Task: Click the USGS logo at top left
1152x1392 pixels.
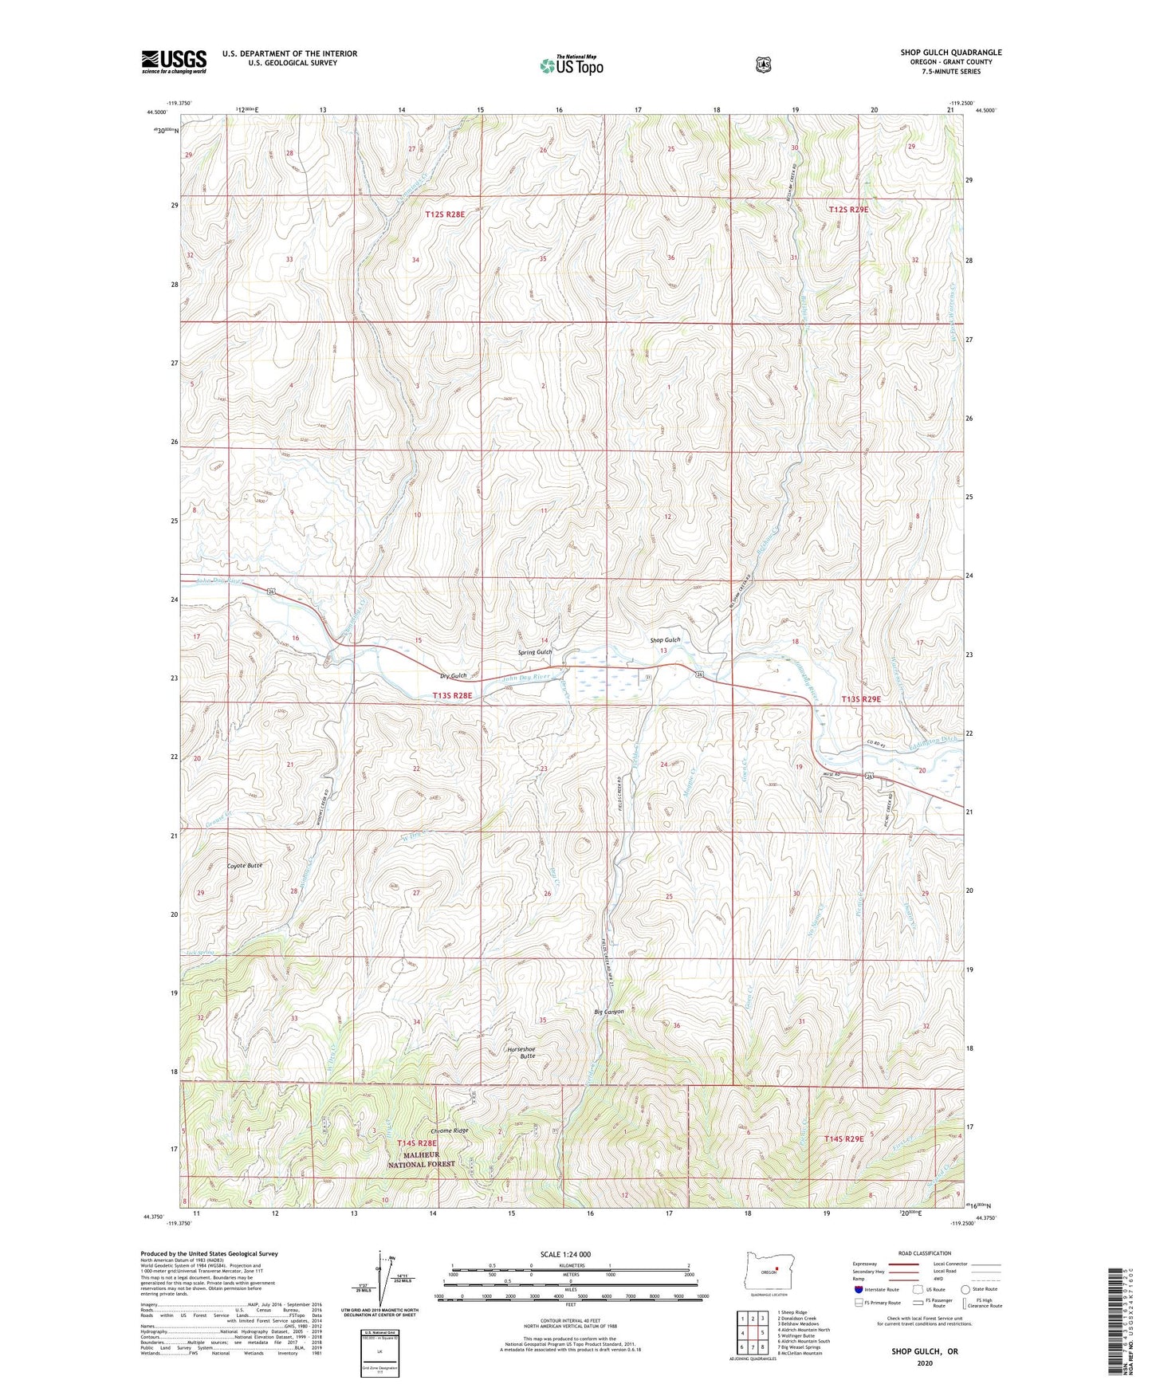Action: [174, 61]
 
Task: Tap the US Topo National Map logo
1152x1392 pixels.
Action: [571, 65]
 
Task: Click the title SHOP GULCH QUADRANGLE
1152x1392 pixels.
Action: [951, 53]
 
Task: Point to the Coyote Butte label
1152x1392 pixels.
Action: [244, 865]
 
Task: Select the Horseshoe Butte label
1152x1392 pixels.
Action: [521, 1052]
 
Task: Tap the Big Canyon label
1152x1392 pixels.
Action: [609, 1012]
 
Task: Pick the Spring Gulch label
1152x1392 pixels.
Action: [535, 652]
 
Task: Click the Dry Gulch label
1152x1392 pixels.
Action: [454, 676]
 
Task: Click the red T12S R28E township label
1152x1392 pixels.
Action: [444, 214]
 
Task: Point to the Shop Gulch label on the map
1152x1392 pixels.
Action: [665, 640]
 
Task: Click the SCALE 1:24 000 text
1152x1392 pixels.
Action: [565, 1254]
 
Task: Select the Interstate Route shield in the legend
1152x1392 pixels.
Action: [858, 1288]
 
